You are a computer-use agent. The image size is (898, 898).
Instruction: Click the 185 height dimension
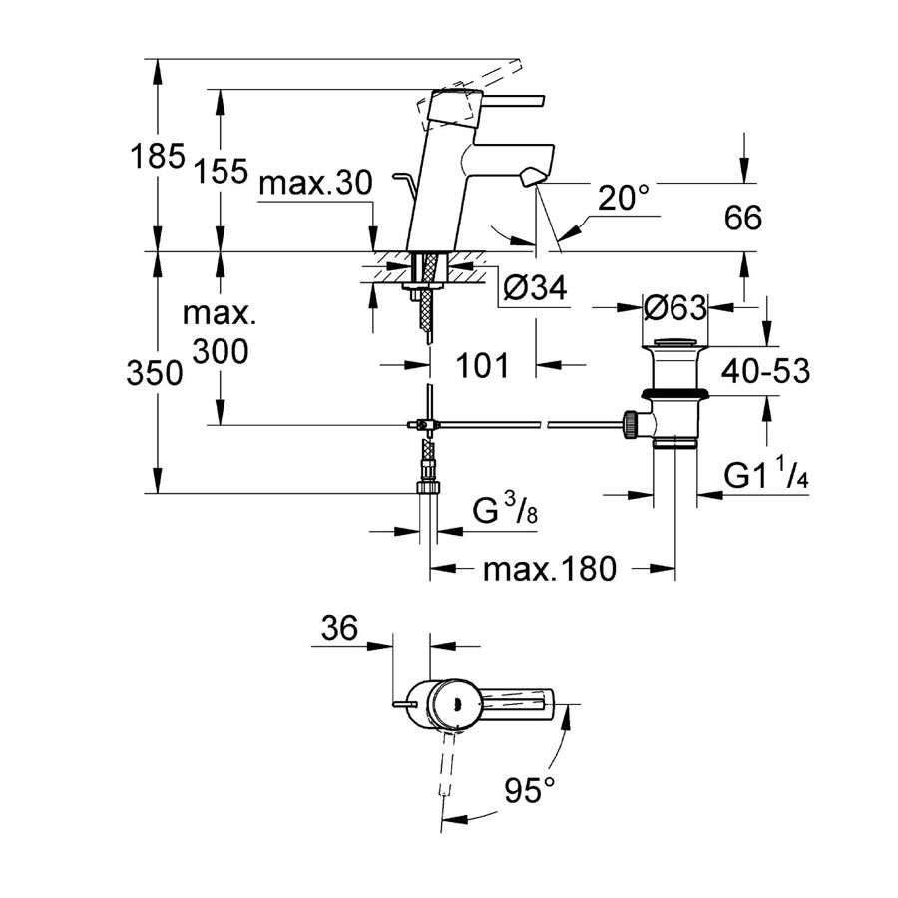pyautogui.click(x=158, y=156)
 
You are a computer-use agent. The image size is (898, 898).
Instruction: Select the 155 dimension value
pyautogui.click(x=222, y=170)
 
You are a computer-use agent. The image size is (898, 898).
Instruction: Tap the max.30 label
pyautogui.click(x=315, y=184)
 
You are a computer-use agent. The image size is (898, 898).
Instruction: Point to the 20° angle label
pyautogui.click(x=625, y=198)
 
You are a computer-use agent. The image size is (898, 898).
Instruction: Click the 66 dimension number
pyautogui.click(x=742, y=218)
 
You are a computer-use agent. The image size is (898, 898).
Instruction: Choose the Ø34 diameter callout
pyautogui.click(x=535, y=288)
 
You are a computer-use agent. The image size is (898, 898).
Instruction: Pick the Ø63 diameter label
pyautogui.click(x=675, y=308)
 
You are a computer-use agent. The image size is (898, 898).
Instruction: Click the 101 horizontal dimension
pyautogui.click(x=482, y=365)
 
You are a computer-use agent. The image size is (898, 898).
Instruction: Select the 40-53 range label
pyautogui.click(x=765, y=371)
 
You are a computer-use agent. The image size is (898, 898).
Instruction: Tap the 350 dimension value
pyautogui.click(x=154, y=373)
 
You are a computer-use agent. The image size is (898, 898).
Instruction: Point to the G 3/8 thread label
pyautogui.click(x=505, y=509)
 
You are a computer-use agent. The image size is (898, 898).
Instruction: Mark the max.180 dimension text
pyautogui.click(x=550, y=569)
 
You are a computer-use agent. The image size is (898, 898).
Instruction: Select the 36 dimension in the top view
pyautogui.click(x=339, y=628)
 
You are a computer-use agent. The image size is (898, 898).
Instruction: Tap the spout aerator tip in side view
pyautogui.click(x=531, y=176)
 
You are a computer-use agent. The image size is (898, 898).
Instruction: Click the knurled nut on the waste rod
pyautogui.click(x=630, y=425)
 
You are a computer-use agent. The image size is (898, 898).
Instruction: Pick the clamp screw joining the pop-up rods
pyautogui.click(x=423, y=425)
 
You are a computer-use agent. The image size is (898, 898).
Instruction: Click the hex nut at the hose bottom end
pyautogui.click(x=429, y=487)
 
